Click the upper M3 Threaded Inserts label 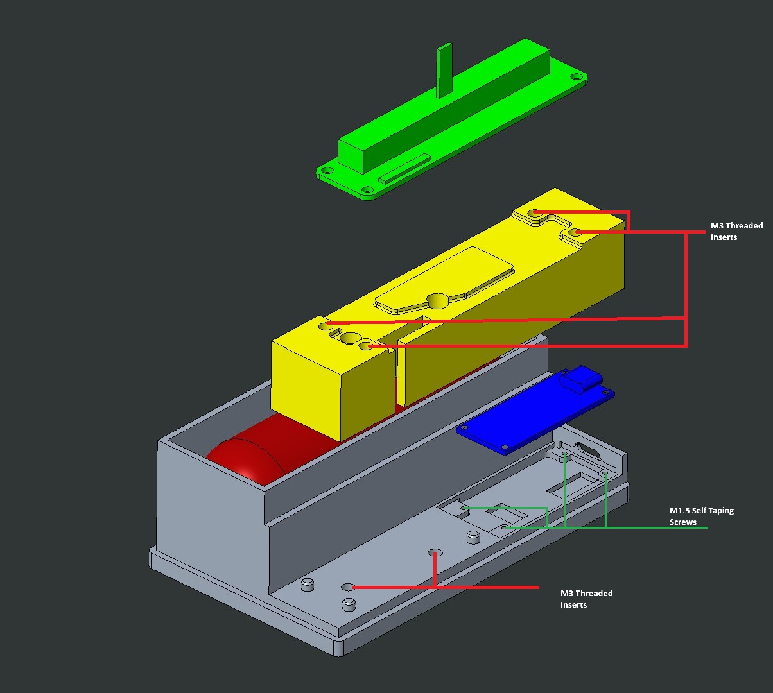[736, 232]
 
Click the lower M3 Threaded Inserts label [586, 599]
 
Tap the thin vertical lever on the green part [444, 71]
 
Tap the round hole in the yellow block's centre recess [437, 300]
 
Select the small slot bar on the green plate [404, 167]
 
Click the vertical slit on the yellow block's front [395, 379]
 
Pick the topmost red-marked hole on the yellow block [535, 212]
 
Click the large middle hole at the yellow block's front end [351, 338]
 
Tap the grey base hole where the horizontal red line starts [348, 587]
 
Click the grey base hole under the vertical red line [435, 552]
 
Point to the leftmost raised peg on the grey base [308, 584]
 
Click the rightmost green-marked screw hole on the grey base [605, 474]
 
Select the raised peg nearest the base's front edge [349, 604]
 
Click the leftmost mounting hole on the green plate [327, 171]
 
